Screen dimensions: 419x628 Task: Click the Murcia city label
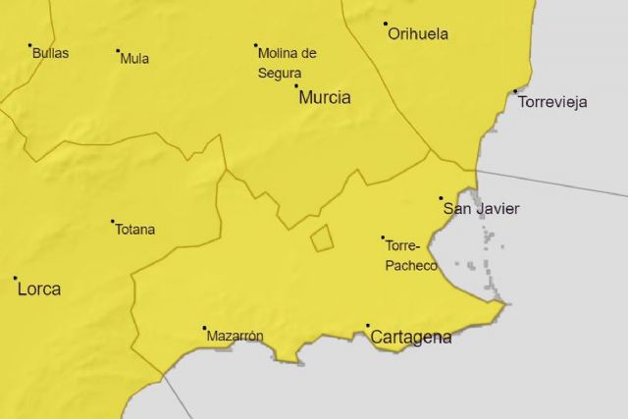(325, 97)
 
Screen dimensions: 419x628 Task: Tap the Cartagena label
(411, 338)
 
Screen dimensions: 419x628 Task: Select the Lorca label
(38, 289)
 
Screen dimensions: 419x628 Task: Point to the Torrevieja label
(552, 102)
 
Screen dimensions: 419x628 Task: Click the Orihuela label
(418, 34)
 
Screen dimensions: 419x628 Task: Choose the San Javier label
(482, 208)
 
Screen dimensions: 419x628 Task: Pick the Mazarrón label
(235, 337)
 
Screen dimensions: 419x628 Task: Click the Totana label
(135, 230)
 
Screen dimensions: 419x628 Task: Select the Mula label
(134, 59)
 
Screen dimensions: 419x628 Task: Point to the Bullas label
(50, 53)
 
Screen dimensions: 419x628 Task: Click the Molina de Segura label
(287, 62)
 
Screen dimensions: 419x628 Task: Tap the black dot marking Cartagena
(368, 326)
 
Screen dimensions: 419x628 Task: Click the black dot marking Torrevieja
(515, 92)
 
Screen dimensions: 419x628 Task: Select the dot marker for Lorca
(16, 278)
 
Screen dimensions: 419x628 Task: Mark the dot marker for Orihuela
(386, 24)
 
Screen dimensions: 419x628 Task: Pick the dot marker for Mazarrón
(204, 328)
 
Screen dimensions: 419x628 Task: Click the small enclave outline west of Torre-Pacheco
(322, 237)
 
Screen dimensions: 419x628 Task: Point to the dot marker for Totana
(113, 221)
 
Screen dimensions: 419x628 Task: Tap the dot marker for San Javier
(442, 198)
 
